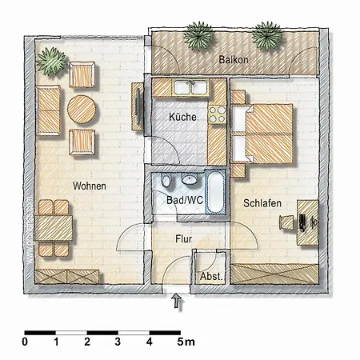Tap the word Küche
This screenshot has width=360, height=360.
click(x=182, y=117)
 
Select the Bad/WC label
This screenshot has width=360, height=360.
click(x=185, y=200)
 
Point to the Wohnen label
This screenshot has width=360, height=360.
click(x=90, y=186)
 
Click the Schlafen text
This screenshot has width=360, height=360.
click(x=262, y=203)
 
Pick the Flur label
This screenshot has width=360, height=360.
click(x=183, y=239)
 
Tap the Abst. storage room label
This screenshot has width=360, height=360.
click(x=211, y=277)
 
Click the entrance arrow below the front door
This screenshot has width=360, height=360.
click(x=177, y=301)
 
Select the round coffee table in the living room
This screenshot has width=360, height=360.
click(x=82, y=110)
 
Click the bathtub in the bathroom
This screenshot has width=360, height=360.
click(x=215, y=193)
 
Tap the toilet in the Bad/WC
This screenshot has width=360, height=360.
click(x=166, y=180)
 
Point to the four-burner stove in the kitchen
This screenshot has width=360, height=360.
click(x=217, y=114)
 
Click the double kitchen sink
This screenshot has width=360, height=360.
click(x=191, y=87)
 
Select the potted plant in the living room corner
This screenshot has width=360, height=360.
click(x=51, y=62)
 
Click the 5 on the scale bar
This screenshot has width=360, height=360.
click(x=181, y=342)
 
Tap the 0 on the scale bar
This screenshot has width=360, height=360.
click(x=25, y=342)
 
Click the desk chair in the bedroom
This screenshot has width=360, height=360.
click(x=286, y=222)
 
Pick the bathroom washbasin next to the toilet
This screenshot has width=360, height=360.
click(x=190, y=179)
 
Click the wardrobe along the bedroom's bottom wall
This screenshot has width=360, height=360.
click(x=274, y=274)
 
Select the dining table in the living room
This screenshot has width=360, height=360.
click(x=54, y=228)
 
